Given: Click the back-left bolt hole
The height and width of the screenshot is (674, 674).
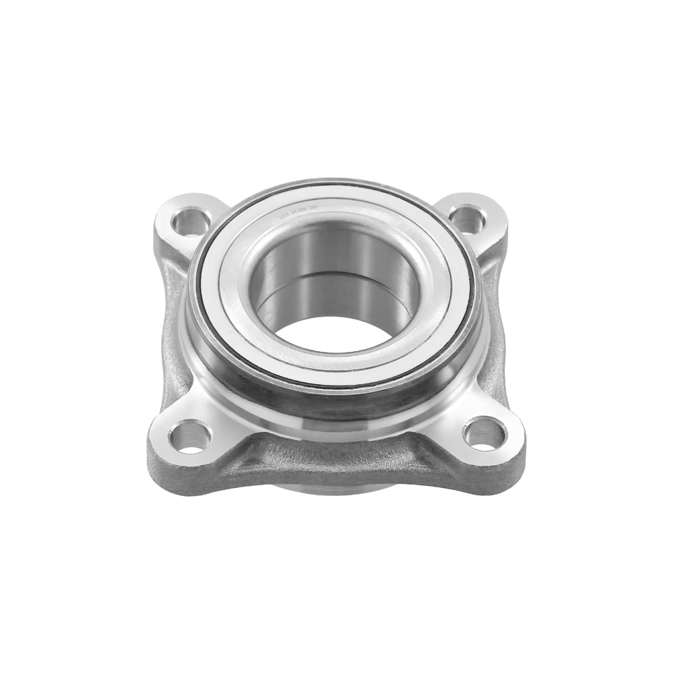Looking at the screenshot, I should click(x=189, y=220).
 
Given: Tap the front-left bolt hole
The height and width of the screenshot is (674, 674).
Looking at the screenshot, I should click(x=189, y=436).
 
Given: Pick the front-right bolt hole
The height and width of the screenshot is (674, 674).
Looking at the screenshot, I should click(x=484, y=433).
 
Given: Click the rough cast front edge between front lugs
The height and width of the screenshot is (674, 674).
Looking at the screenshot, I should click(x=337, y=465).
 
